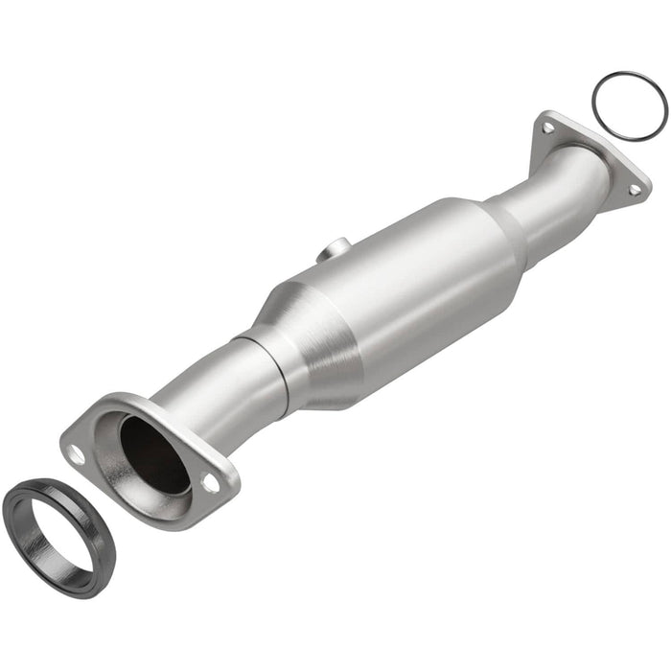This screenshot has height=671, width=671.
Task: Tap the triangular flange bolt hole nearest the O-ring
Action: (x=547, y=127)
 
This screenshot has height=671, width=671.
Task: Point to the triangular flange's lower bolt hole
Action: (x=634, y=190)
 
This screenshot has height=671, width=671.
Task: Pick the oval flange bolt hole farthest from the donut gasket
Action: (x=210, y=483)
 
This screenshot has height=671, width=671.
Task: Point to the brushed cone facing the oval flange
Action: (x=307, y=335)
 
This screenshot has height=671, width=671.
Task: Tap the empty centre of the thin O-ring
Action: (x=628, y=105)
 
